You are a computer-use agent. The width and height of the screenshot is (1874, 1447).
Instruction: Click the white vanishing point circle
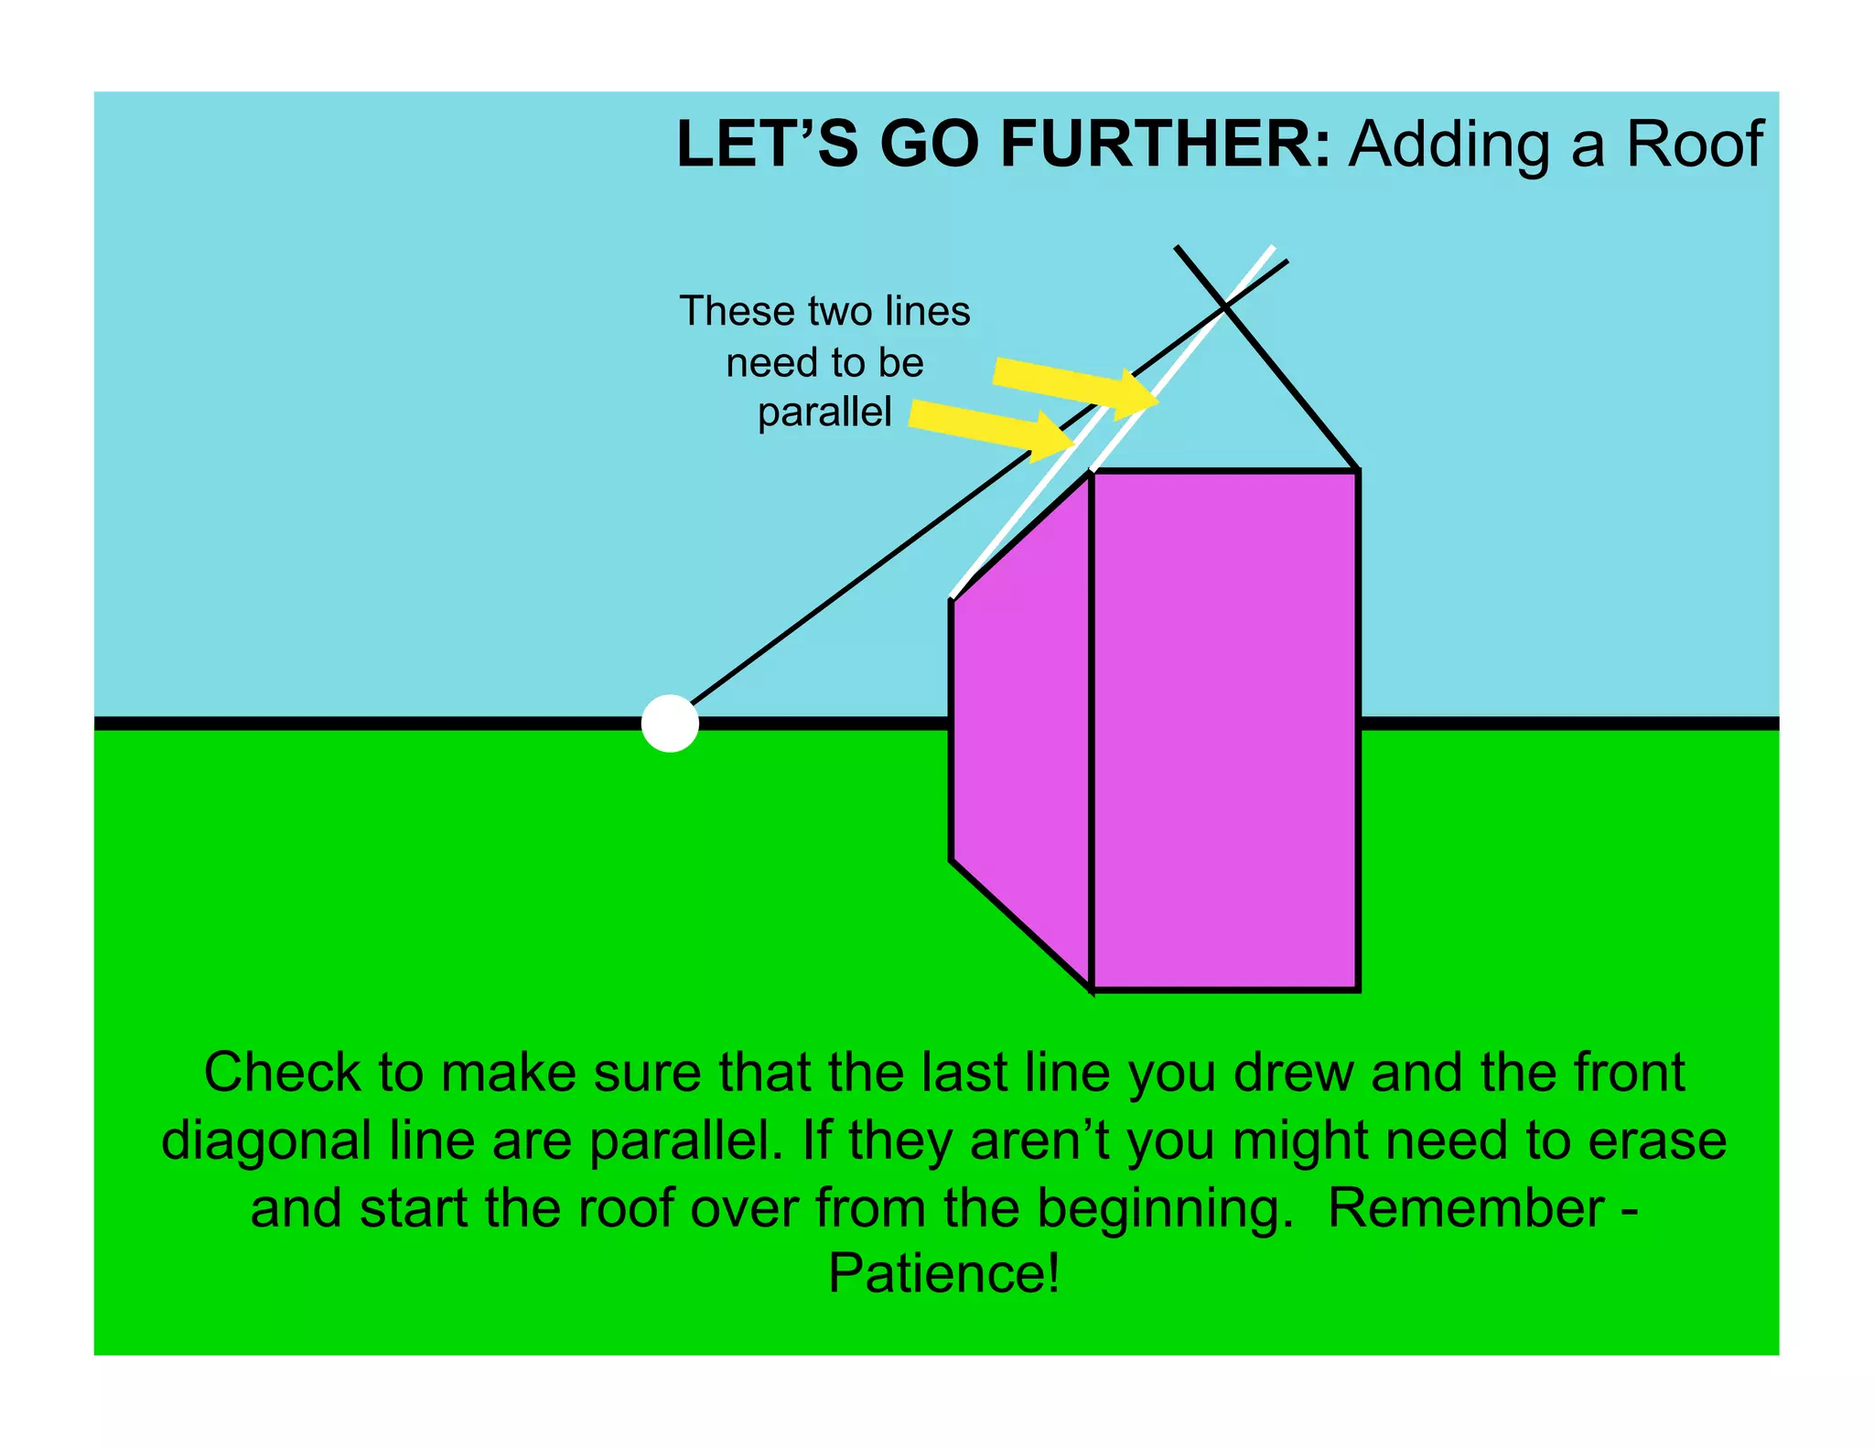tap(670, 723)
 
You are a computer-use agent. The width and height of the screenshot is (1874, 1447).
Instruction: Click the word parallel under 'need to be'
tap(824, 412)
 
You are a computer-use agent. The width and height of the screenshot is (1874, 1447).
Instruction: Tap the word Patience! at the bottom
tap(943, 1272)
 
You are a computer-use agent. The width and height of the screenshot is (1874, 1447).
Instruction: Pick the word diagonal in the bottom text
tap(266, 1141)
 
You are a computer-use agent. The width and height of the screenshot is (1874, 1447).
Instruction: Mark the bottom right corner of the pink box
tap(1358, 989)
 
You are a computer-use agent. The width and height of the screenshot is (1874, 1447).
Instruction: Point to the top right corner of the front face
tap(1358, 471)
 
